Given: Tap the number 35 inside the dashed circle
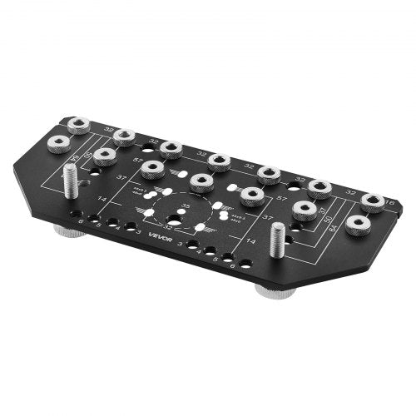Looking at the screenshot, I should (186, 205).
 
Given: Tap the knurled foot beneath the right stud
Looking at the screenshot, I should (274, 292).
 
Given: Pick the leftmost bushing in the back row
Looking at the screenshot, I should (77, 126).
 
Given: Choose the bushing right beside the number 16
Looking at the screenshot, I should (371, 202).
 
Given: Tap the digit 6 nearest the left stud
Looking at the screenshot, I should (81, 220).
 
